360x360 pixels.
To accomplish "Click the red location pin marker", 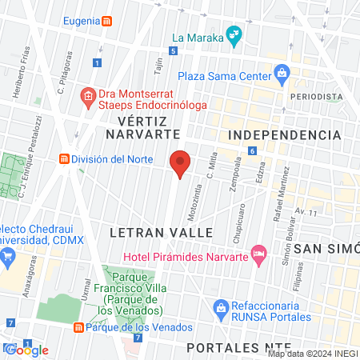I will click(181, 163).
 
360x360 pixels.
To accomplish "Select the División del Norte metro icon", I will click(63, 158).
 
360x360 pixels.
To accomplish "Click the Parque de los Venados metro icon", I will click(78, 327).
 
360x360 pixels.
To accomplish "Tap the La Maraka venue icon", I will click(234, 35).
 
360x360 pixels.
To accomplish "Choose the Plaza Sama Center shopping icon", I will click(282, 74).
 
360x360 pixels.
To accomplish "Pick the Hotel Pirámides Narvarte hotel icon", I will click(258, 254).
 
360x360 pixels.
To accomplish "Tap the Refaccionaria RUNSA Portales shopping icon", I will click(222, 307).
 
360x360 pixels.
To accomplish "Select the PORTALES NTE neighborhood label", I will click(232, 349).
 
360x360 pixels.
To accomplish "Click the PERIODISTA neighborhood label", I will click(316, 96).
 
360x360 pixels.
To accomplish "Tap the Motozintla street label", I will click(194, 191).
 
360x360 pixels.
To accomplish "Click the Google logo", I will click(29, 350).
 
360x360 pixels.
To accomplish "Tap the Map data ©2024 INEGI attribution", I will click(312, 354).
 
